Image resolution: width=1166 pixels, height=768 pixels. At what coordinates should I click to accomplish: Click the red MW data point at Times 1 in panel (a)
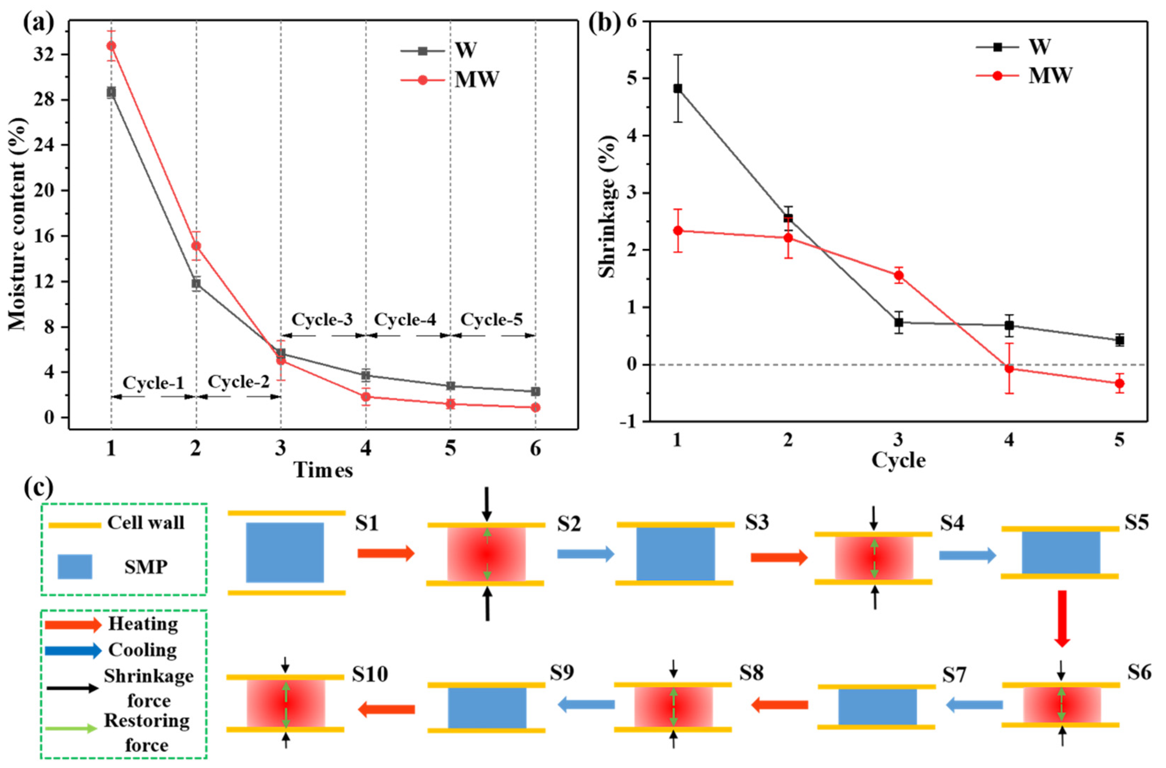coord(111,45)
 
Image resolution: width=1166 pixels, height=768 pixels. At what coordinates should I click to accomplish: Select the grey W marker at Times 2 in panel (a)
coord(196,283)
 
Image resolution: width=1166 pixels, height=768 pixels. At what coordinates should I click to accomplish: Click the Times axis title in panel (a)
coord(323,470)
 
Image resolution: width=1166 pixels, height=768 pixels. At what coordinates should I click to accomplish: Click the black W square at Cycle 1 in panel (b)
coord(677,88)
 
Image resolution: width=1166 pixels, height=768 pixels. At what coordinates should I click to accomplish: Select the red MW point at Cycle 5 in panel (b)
coord(1119,383)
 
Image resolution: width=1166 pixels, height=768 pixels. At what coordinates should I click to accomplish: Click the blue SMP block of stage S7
coord(877,707)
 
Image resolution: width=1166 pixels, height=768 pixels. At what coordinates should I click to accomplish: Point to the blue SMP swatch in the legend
coord(75,567)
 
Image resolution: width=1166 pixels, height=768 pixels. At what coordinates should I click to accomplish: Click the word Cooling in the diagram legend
coord(142,650)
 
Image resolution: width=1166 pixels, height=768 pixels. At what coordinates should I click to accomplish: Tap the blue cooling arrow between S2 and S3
coord(585,554)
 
